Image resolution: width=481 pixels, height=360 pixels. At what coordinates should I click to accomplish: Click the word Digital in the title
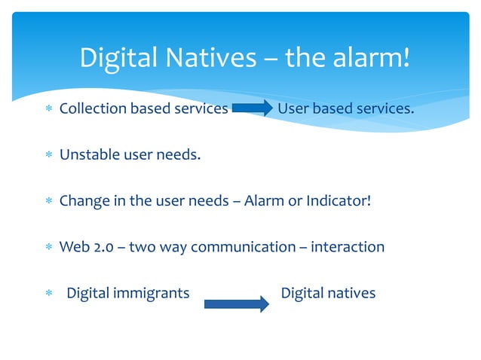pos(117,56)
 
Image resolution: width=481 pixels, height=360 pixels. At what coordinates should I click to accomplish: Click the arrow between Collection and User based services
pos(253,109)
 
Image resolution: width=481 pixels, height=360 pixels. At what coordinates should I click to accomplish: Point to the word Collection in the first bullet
pos(93,108)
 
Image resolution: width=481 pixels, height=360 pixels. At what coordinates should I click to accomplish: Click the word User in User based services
pos(293,108)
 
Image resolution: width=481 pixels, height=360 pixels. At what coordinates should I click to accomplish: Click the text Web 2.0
pos(86,247)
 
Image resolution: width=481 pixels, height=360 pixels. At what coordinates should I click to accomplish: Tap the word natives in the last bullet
pos(350,293)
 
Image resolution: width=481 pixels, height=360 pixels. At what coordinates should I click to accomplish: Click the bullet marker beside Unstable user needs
pos(47,156)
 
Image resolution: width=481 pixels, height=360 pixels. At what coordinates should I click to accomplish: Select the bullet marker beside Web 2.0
pos(47,248)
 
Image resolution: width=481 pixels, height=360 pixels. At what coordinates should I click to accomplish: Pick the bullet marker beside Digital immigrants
pos(47,294)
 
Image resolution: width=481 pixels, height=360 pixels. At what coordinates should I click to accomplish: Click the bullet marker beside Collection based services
pos(47,109)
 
